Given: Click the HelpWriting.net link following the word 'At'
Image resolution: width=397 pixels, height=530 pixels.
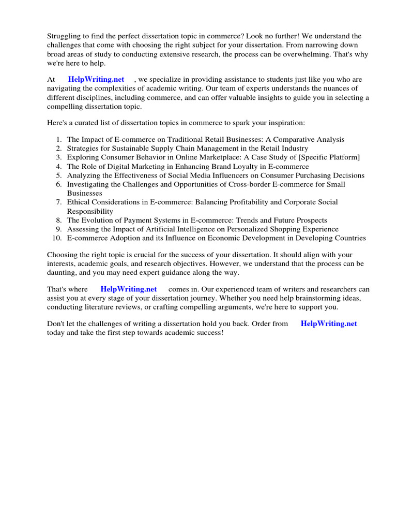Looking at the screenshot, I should pos(96,79).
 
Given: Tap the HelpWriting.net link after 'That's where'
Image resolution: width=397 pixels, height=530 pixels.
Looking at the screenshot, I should pos(128,289).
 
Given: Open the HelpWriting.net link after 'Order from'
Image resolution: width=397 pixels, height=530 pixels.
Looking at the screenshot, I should pos(329,323).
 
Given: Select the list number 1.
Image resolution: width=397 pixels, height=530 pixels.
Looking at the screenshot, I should pos(59,140).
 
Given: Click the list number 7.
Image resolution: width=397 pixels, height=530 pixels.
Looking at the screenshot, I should pos(59,202).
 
